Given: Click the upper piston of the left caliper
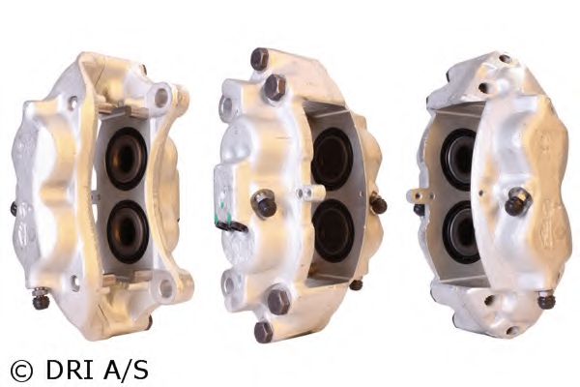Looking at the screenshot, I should (127, 158).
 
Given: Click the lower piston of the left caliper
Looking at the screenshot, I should (127, 229).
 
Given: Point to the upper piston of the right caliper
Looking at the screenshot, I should (458, 158).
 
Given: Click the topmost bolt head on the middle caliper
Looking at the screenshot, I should (259, 60).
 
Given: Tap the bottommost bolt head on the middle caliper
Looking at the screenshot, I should (263, 331).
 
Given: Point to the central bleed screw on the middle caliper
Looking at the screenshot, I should (265, 204).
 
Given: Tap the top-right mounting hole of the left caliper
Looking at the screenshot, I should (162, 98).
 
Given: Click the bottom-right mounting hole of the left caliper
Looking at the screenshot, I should (166, 287).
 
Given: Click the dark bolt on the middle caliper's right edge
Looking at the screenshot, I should (379, 205).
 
